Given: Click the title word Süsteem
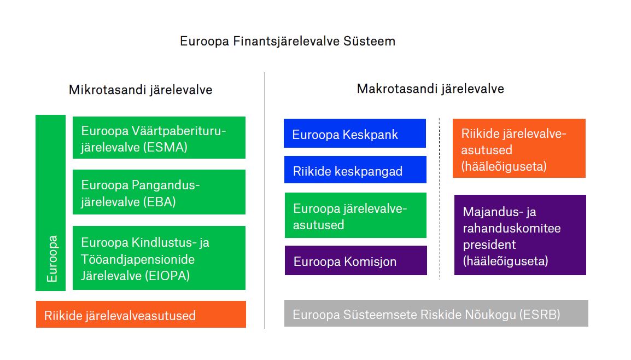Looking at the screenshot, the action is point(369,41).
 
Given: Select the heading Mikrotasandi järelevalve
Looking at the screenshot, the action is point(141,90).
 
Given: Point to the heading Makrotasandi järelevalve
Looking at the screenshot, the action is point(430,89).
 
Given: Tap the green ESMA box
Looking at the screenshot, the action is point(159,138).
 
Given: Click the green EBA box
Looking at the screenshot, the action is point(159,192).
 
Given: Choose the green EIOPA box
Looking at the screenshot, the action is point(159,258).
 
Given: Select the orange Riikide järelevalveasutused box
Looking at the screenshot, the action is point(141,314).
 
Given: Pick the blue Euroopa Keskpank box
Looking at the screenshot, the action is point(355,133).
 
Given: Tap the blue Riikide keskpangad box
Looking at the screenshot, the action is point(355,170).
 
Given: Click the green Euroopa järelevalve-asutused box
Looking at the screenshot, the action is point(355,216).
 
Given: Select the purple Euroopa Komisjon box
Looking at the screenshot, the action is point(356,260).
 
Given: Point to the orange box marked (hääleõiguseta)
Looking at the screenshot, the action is point(519,148).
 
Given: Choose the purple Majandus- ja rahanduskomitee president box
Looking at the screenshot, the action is point(520,235).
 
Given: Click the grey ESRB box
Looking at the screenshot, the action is point(436,313).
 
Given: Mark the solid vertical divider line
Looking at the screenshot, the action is point(265,201).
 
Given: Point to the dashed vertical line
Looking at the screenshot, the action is point(440,199).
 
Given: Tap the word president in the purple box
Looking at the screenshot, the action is point(489,245).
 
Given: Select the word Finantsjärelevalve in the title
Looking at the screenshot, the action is point(286,41).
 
